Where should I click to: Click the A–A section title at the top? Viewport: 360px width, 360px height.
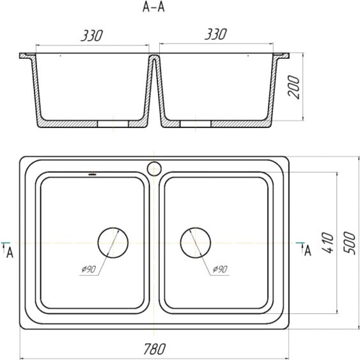(153, 7)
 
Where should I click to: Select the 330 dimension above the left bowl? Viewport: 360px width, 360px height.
(92, 36)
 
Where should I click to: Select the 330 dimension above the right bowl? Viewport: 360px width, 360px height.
(216, 34)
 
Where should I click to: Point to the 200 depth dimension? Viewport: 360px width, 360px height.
(294, 87)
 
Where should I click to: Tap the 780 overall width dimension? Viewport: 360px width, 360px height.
(154, 349)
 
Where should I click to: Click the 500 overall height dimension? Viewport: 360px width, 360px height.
(349, 243)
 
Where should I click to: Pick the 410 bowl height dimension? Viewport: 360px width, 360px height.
(328, 243)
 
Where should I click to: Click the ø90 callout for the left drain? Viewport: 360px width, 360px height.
(89, 269)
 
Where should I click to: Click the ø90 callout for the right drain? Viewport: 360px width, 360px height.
(220, 269)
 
